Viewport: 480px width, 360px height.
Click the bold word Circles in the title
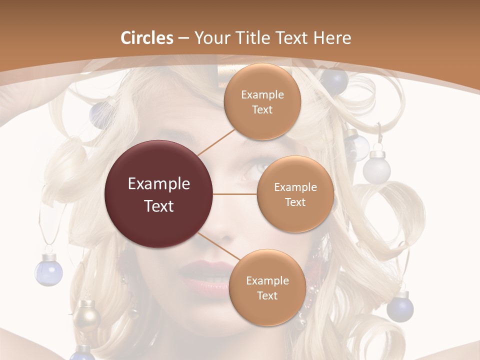(146, 38)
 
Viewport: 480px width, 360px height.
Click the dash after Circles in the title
(183, 39)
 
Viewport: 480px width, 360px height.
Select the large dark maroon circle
(159, 194)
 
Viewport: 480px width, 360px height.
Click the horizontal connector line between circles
(235, 194)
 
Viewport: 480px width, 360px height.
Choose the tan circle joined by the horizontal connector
(295, 194)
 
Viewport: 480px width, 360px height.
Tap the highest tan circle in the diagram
(262, 101)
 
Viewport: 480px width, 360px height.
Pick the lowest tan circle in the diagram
(267, 287)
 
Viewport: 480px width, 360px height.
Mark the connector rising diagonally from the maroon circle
(216, 142)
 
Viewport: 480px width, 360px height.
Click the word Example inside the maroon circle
(159, 184)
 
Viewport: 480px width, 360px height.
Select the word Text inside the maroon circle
(159, 206)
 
